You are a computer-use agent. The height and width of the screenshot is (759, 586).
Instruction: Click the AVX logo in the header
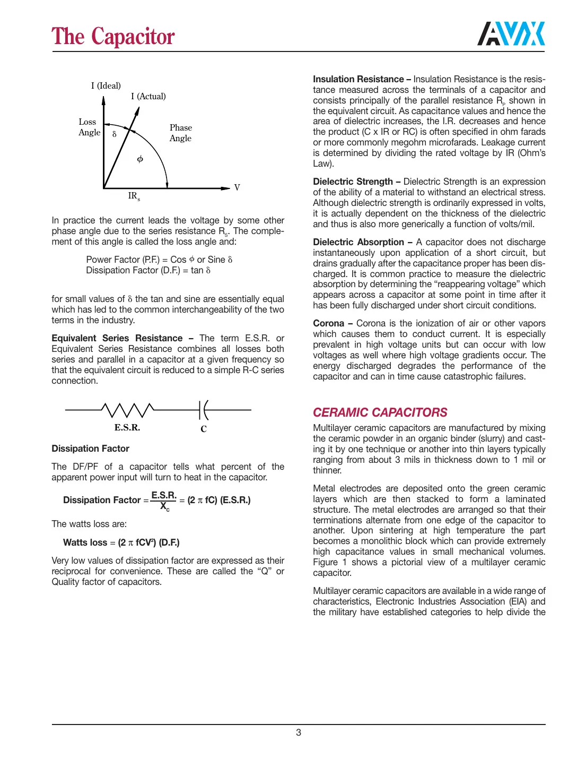511,34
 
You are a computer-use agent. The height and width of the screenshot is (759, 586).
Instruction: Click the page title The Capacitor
113,37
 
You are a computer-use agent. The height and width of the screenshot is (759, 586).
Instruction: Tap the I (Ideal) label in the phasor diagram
106,85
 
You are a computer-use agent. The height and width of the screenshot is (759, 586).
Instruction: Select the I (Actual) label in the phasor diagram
148,96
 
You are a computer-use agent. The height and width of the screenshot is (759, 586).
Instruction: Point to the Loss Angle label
89,127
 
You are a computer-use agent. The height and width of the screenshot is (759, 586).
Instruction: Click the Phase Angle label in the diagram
180,133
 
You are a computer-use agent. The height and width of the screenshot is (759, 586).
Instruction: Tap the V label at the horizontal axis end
237,187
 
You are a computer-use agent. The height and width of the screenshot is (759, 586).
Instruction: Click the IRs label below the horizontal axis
134,196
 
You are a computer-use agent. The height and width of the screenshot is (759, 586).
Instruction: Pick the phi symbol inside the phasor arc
140,159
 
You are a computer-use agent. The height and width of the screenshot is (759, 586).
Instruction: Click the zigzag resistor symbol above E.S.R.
127,410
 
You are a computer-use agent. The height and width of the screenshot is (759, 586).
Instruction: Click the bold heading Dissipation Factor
90,448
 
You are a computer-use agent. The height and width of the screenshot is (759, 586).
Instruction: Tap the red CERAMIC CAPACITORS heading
380,412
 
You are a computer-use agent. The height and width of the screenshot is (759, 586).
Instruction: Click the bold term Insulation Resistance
358,79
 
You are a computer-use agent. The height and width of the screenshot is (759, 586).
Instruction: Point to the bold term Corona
328,323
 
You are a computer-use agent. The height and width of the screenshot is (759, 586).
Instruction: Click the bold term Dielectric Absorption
358,242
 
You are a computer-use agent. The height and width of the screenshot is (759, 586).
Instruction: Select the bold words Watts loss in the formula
85,542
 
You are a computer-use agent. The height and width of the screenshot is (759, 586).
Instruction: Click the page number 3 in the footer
299,732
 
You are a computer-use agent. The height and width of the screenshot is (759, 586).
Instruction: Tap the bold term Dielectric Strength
353,182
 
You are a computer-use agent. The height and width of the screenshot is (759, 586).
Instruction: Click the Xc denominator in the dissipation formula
165,507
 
